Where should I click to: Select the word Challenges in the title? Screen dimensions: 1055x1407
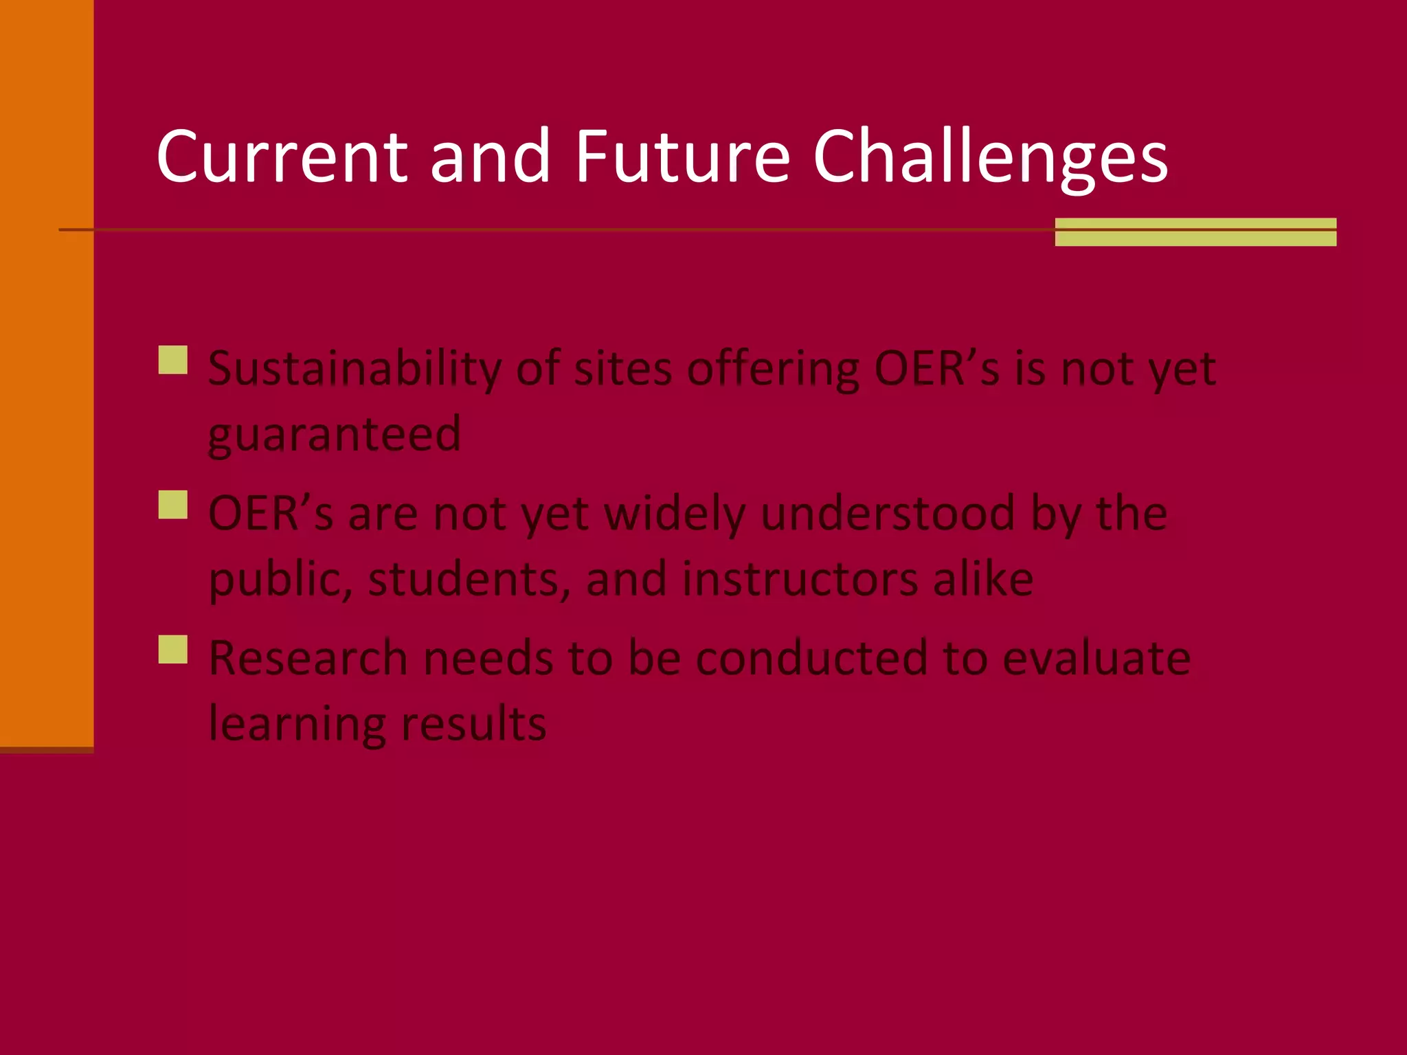990,159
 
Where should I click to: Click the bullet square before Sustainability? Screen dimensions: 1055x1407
173,360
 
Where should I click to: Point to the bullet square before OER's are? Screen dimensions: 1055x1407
173,505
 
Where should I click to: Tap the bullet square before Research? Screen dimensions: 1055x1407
173,649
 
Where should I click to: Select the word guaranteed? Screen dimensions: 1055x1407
335,435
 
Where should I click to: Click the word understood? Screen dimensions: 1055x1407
888,514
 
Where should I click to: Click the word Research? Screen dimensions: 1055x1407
308,658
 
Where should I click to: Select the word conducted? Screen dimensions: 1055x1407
812,658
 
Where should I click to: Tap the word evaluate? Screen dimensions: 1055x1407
1096,658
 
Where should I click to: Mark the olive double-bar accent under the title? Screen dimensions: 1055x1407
1195,232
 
